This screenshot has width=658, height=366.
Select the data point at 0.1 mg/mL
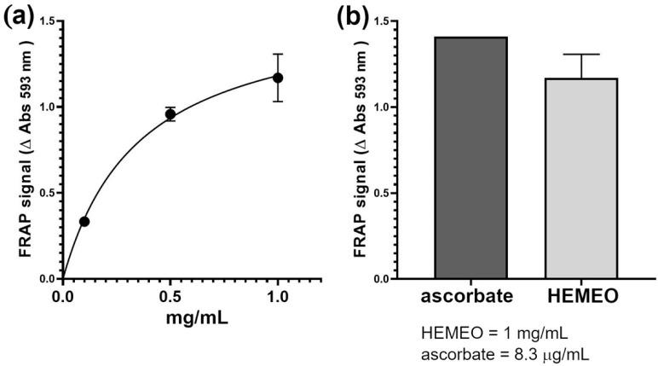pyautogui.click(x=84, y=221)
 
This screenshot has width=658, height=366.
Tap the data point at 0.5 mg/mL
pyautogui.click(x=170, y=113)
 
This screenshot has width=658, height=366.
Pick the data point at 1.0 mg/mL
pyautogui.click(x=277, y=78)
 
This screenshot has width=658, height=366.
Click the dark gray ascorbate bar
pyautogui.click(x=471, y=158)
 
